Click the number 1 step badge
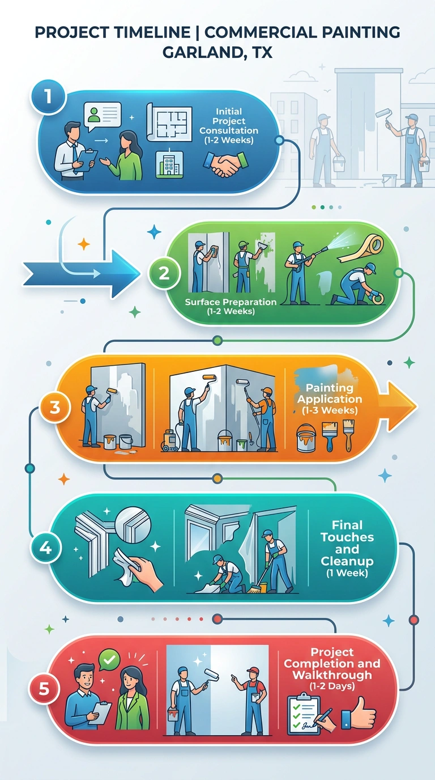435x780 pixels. click(48, 97)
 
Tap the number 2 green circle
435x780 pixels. click(164, 273)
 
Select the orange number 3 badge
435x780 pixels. click(55, 408)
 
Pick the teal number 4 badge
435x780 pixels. click(45, 549)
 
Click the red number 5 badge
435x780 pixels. click(44, 689)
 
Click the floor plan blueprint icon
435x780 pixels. click(169, 122)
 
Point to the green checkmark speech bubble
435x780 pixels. click(109, 659)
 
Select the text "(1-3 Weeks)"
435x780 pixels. click(330, 410)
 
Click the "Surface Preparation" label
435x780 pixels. click(231, 302)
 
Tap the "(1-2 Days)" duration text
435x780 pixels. click(332, 686)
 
